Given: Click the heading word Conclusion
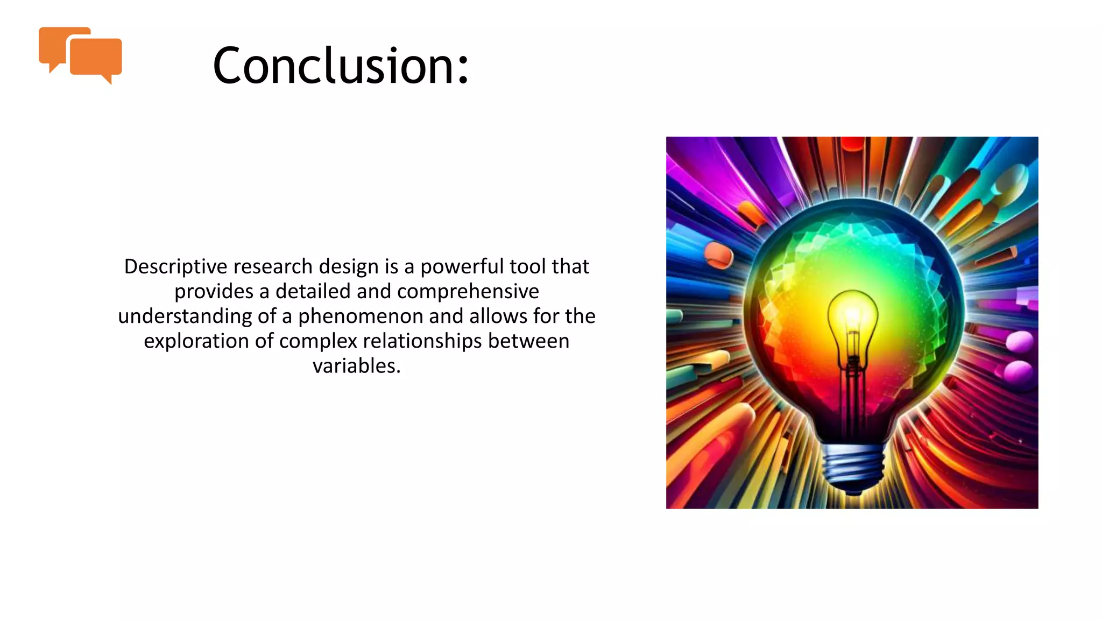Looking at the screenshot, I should (334, 66).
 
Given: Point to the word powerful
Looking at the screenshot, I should (462, 266).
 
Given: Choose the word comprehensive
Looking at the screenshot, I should (468, 291).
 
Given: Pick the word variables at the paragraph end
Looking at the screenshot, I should (356, 366).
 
